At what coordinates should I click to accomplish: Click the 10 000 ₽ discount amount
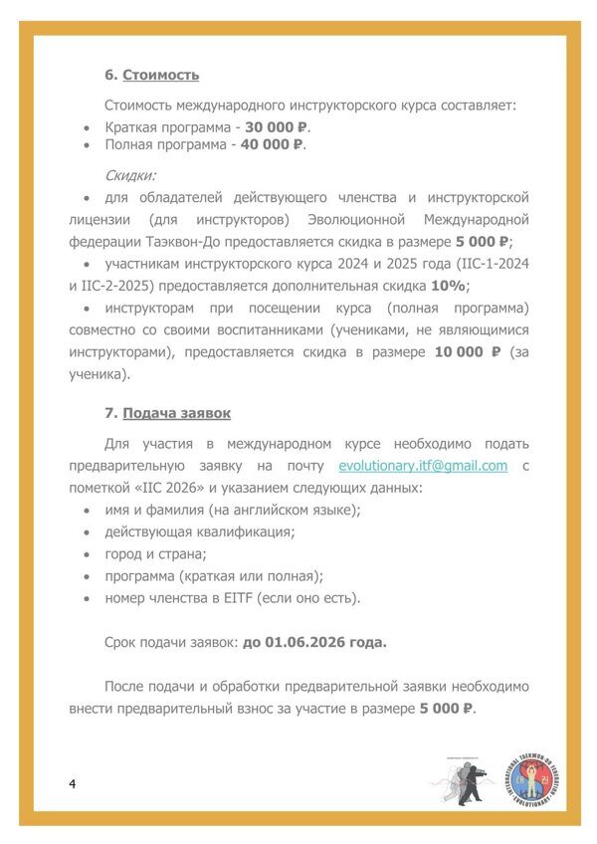click(x=468, y=352)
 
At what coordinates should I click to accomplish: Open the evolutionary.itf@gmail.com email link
click(x=423, y=466)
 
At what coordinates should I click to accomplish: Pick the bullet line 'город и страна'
click(x=155, y=553)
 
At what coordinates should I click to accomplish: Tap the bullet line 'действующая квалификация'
click(x=199, y=531)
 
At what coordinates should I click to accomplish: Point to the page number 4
click(x=73, y=783)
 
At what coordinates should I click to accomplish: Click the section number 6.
click(x=108, y=75)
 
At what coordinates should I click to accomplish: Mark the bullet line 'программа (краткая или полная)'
click(x=214, y=576)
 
